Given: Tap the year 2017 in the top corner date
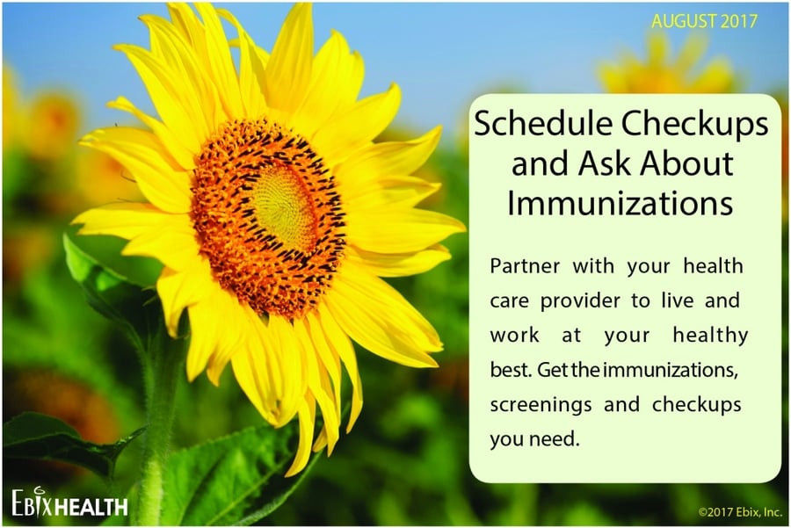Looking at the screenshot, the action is coord(739,21).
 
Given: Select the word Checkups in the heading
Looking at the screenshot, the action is coord(694,125).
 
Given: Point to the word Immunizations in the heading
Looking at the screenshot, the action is coord(620,203).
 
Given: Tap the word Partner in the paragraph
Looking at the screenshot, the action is coord(525,266).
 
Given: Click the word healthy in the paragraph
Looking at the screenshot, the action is coord(710,336).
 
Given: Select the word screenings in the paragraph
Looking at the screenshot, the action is coord(541,405).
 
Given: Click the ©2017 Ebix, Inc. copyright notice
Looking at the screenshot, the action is coord(740,512).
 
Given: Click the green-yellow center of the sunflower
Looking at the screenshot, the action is coord(284,207).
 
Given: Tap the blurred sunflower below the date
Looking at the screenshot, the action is coord(666,63).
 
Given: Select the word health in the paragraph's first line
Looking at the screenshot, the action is coord(713,266).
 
